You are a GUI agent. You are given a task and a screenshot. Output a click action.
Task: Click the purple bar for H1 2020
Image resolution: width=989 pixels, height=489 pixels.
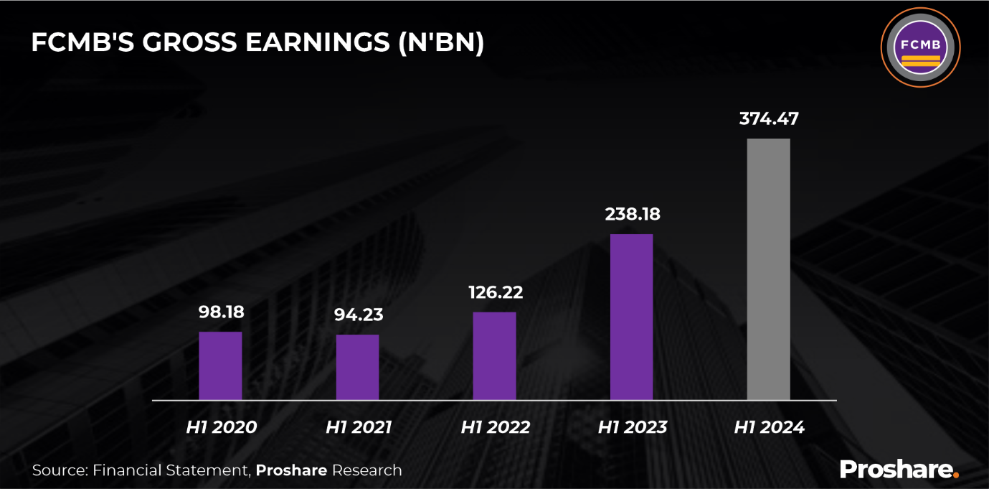[220, 365]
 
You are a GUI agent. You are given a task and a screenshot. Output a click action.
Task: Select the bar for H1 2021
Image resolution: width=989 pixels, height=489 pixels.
[357, 367]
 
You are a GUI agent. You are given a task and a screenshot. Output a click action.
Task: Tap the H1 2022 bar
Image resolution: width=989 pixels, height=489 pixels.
[494, 355]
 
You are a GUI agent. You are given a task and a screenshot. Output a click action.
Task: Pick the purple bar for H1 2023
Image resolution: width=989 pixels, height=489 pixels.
[631, 317]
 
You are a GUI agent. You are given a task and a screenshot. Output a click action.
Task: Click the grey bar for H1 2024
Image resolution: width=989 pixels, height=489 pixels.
[768, 269]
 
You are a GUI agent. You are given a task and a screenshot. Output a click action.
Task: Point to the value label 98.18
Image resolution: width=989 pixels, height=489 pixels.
[221, 312]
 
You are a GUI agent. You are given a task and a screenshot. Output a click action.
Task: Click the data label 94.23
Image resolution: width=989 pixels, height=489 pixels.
[358, 315]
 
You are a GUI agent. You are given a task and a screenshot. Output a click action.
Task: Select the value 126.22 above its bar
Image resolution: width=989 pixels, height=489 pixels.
[495, 293]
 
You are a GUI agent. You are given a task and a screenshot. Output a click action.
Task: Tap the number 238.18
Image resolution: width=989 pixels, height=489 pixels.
[631, 214]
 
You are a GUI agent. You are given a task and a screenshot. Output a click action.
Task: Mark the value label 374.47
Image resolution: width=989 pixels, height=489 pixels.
[769, 119]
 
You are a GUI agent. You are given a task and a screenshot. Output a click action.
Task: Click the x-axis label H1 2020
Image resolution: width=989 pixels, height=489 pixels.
[221, 427]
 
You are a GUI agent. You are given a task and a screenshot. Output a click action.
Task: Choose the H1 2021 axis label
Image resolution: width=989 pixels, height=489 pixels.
[359, 427]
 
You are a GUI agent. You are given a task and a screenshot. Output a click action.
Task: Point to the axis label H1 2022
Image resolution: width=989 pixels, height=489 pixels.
[495, 427]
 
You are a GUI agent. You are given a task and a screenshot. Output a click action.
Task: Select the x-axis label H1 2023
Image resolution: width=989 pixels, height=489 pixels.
[632, 427]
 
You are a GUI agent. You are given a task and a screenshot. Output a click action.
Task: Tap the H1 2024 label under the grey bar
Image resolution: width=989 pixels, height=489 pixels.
[769, 427]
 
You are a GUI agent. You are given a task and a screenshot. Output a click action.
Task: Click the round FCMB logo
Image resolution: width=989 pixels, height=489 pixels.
[920, 48]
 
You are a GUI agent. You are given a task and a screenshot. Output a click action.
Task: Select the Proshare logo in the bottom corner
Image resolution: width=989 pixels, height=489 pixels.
[899, 469]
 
